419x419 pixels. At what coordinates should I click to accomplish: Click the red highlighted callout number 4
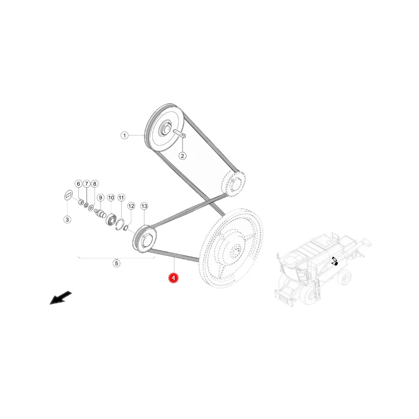[173, 278]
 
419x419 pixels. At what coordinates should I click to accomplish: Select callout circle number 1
[124, 135]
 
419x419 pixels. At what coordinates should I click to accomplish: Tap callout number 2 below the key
[182, 156]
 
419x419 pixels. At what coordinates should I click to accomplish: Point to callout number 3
[67, 220]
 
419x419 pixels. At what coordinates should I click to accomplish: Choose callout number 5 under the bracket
[116, 264]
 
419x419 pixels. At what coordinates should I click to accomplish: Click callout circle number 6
[78, 184]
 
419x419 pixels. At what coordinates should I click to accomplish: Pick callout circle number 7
[86, 184]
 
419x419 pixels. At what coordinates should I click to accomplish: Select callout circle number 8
[95, 184]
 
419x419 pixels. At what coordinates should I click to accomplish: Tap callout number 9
[101, 198]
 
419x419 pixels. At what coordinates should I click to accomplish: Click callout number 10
[111, 198]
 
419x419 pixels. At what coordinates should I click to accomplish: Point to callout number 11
[122, 198]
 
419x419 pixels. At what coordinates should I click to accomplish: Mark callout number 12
[131, 206]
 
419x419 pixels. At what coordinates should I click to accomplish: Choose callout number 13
[144, 206]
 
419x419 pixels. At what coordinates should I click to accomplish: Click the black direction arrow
[61, 297]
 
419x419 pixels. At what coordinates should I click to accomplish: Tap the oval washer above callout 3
[68, 195]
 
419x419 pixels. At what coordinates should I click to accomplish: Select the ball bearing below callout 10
[111, 220]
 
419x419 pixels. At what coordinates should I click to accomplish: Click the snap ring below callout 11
[120, 224]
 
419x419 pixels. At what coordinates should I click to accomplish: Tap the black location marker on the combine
[335, 261]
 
